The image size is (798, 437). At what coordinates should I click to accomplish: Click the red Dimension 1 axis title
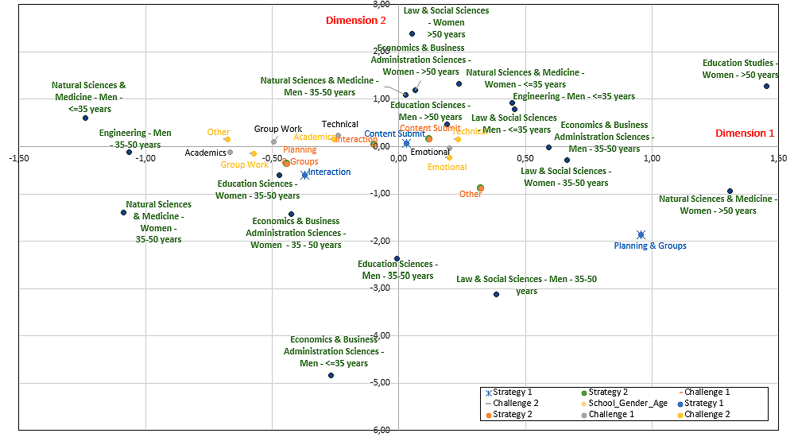coord(745,133)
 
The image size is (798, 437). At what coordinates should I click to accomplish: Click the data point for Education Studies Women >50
coord(766,86)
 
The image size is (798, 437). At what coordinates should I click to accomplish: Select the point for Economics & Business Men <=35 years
coord(331,375)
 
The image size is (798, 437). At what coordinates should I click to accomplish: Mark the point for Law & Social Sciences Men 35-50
coord(496,294)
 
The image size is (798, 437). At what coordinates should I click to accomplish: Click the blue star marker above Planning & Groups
coord(641,234)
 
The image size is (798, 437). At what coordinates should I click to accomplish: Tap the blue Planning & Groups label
coord(649,246)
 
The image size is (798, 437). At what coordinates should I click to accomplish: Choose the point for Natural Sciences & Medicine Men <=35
coord(85,118)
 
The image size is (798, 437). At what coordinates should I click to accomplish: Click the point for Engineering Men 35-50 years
coord(129,152)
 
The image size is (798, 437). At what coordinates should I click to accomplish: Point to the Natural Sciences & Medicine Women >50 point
coord(730,191)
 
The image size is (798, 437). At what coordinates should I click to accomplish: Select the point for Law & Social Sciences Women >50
coord(412,33)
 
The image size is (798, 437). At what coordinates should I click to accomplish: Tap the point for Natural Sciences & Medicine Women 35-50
coord(123,212)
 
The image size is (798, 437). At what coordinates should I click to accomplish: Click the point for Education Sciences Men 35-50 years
coord(397,258)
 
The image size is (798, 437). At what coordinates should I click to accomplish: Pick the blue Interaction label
coord(329,172)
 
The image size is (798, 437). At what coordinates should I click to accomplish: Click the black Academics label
coord(205,153)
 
